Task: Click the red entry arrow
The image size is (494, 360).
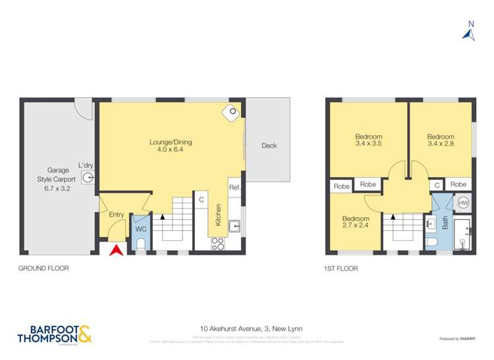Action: click(x=116, y=249)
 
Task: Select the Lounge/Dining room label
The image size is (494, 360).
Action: click(x=171, y=145)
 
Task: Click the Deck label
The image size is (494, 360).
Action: click(x=268, y=146)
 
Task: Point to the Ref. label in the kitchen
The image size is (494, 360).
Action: click(x=234, y=188)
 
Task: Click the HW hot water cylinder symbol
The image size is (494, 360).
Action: click(x=462, y=203)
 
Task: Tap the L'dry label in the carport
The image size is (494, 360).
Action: click(x=85, y=166)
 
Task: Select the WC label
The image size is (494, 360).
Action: click(x=140, y=229)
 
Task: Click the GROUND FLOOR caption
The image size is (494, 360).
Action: click(x=43, y=269)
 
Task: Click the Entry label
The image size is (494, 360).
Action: click(x=116, y=215)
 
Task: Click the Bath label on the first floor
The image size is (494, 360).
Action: click(x=445, y=224)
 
